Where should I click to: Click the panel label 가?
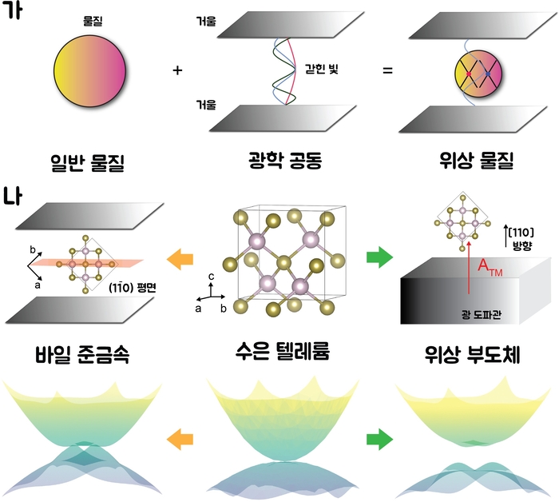tap(11, 10)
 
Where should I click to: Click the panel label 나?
tap(12, 196)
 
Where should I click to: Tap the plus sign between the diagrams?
tap(177, 70)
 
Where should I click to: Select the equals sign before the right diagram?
tap(387, 70)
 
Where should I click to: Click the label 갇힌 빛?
tap(322, 69)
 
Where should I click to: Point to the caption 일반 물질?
tap(88, 163)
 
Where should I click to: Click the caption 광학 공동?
tap(285, 160)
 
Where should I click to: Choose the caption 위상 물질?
tap(477, 160)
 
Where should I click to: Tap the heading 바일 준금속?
tap(82, 354)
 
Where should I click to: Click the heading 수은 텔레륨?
tap(283, 351)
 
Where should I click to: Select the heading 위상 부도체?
tap(473, 354)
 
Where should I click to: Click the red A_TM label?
tap(490, 268)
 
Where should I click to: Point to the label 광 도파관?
tap(482, 314)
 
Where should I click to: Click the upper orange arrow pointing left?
tap(180, 258)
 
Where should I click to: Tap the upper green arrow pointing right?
tap(379, 257)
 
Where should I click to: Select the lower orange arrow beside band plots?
tap(180, 439)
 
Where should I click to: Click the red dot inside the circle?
tap(469, 74)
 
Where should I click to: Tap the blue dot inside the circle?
tap(488, 74)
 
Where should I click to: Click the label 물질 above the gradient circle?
tap(93, 22)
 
